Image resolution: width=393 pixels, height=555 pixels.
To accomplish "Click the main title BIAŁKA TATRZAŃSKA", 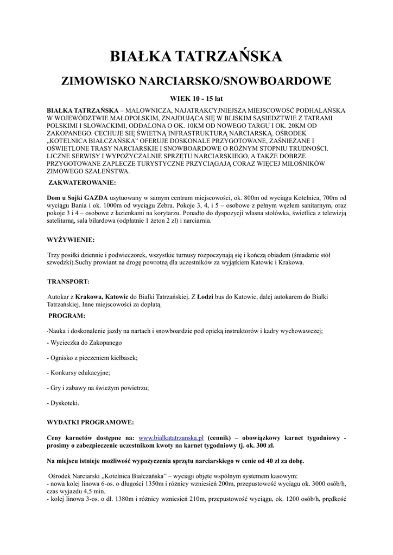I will pos(196,57).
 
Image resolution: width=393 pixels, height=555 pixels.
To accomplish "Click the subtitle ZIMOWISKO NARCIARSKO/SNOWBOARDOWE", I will pos(196,82).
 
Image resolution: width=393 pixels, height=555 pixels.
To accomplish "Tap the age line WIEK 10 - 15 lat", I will pos(196,99).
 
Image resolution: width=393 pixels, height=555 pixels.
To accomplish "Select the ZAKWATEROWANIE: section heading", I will pos(82,183).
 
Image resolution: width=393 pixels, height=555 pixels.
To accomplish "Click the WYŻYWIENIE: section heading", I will pos(71,239).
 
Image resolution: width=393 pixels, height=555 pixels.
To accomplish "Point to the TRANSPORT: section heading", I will pos(68,282).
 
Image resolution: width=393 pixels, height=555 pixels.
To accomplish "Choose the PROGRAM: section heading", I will pos(67,315).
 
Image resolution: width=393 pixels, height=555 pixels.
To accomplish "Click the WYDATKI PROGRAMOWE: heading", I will pos(90,421).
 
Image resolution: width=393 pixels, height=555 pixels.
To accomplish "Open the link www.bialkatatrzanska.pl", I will pos(171,437).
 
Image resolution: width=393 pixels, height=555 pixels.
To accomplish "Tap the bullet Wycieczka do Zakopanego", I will pos(85,343).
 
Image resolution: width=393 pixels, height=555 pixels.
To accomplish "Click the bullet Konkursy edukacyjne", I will pos(79,373).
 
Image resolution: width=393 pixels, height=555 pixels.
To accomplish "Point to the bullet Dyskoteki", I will pos(64,403).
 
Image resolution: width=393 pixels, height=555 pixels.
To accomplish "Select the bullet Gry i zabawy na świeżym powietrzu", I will pos(98,388).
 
